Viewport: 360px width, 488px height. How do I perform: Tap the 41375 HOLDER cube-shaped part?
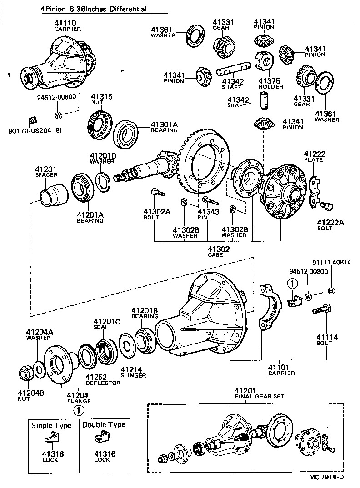(264, 60)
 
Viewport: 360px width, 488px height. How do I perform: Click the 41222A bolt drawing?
(326, 207)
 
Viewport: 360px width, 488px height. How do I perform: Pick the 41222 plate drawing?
(313, 190)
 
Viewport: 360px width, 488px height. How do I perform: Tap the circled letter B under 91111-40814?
(331, 291)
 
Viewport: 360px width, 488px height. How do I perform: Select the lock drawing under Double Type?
(104, 439)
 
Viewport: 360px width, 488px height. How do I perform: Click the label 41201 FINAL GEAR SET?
(259, 393)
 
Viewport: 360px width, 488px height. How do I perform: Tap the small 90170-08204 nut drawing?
(32, 120)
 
